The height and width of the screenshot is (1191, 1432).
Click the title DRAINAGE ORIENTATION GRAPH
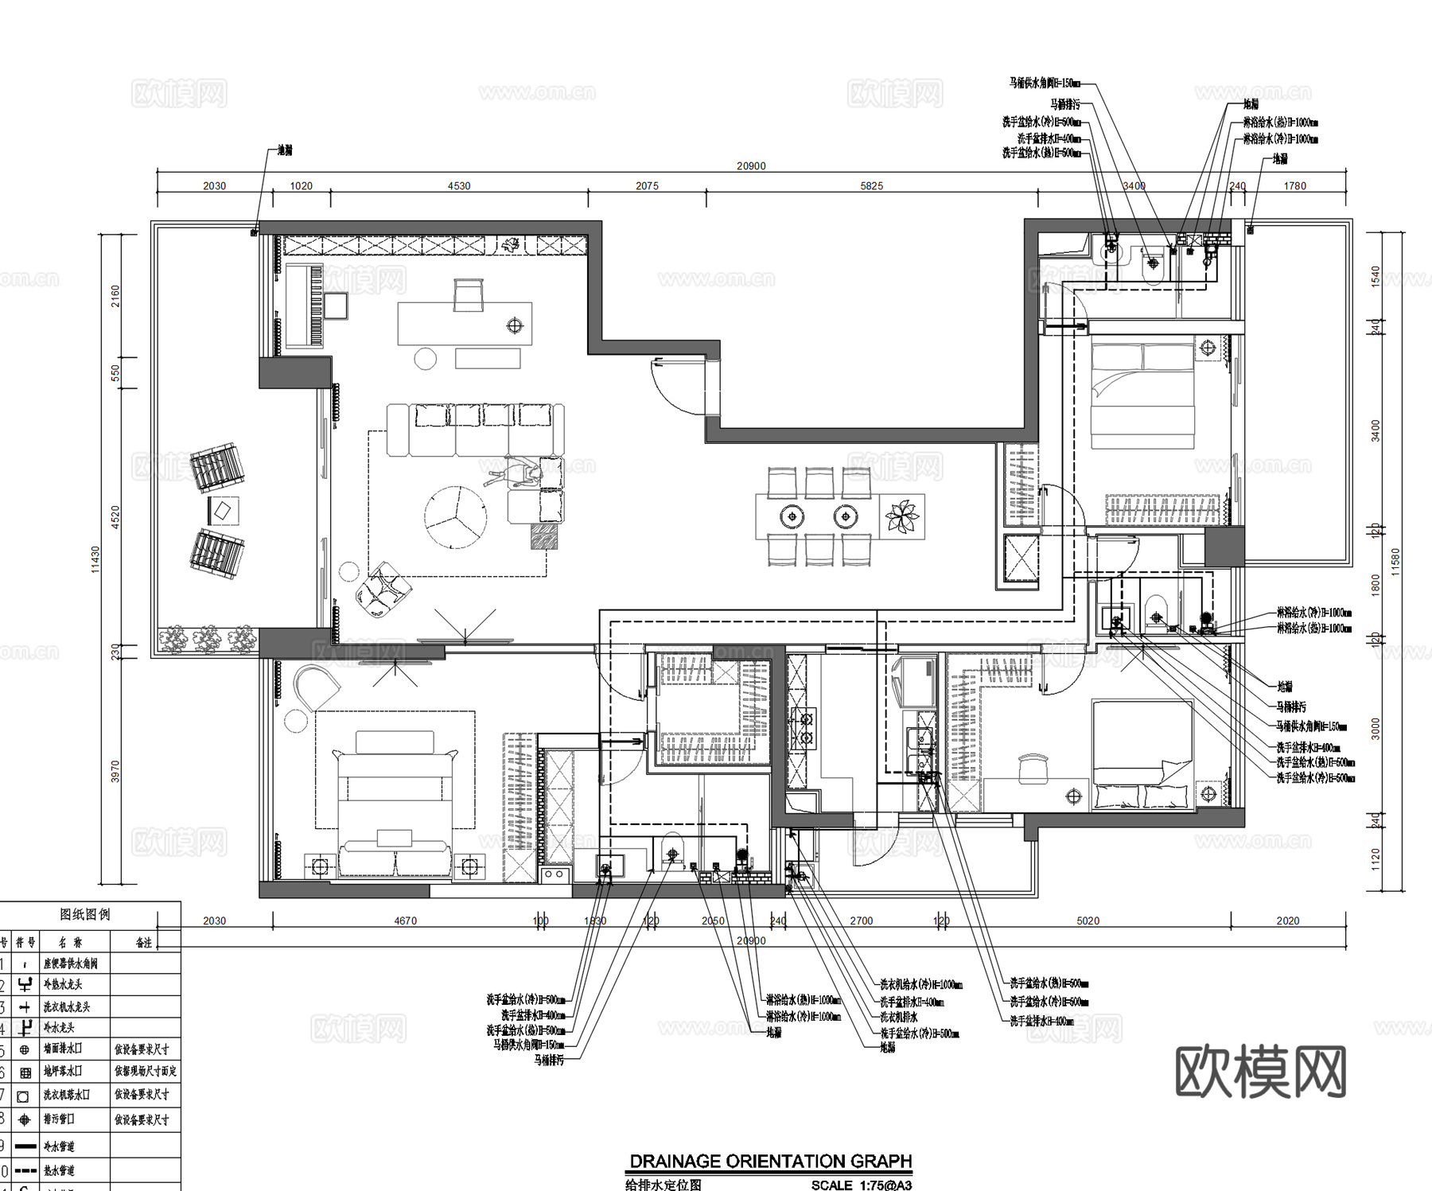pyautogui.click(x=770, y=1161)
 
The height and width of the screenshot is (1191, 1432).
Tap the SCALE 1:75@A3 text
pyautogui.click(x=861, y=1185)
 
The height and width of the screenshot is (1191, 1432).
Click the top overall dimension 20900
pyautogui.click(x=751, y=166)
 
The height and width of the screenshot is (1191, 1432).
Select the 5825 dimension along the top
pyautogui.click(x=871, y=186)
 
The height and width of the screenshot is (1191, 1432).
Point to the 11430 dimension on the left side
pyautogui.click(x=95, y=559)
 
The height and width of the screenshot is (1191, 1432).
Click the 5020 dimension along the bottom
pyautogui.click(x=1088, y=920)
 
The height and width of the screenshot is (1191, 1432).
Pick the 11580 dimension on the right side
pyautogui.click(x=1395, y=562)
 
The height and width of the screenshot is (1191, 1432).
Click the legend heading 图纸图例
pyautogui.click(x=85, y=914)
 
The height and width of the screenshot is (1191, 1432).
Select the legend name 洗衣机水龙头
pyautogui.click(x=67, y=1006)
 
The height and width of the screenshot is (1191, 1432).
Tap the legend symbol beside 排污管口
pyautogui.click(x=25, y=1119)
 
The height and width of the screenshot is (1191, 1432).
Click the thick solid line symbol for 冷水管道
pyautogui.click(x=25, y=1146)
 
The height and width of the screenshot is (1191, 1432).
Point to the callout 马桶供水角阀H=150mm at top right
pyautogui.click(x=1045, y=83)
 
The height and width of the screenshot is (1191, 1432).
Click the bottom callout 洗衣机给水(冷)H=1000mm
pyautogui.click(x=921, y=984)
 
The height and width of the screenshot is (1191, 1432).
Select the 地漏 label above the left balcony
pyautogui.click(x=285, y=150)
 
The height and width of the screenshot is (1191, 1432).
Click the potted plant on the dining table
pyautogui.click(x=902, y=516)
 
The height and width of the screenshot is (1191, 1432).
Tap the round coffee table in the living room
pyautogui.click(x=455, y=517)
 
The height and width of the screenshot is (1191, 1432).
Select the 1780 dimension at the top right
pyautogui.click(x=1294, y=186)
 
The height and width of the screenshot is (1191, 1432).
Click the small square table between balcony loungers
pyautogui.click(x=224, y=509)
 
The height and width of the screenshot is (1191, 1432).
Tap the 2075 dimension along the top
pyautogui.click(x=647, y=186)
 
